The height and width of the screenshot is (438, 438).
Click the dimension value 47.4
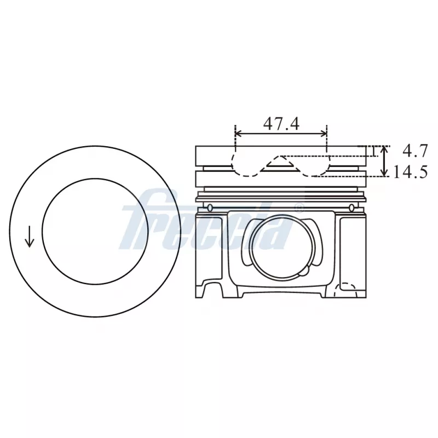(x=281, y=124)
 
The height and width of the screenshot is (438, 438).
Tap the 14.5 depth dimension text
(x=410, y=172)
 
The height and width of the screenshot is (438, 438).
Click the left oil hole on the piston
(x=210, y=207)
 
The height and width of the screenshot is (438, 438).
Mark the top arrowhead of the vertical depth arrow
(x=384, y=148)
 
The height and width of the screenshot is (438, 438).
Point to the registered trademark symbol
(x=299, y=208)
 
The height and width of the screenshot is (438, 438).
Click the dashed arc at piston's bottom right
(x=346, y=286)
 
